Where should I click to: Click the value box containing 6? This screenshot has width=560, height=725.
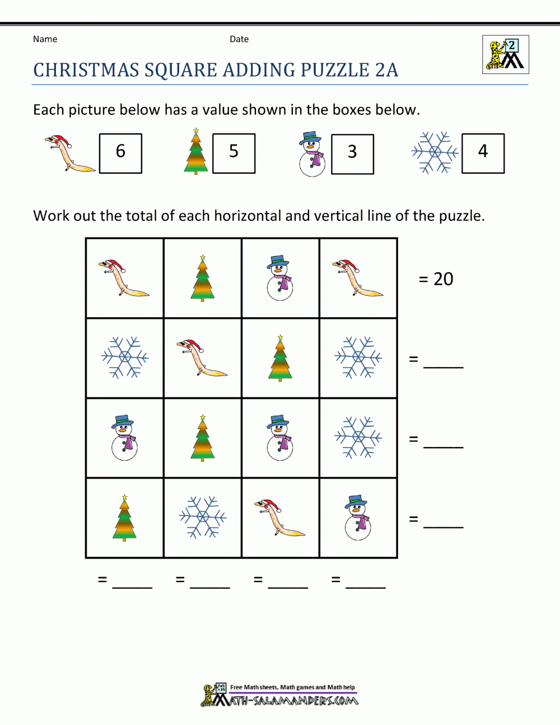pos(120,153)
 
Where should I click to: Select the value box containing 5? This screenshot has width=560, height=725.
pos(234,153)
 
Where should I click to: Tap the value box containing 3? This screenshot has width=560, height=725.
pos(352,154)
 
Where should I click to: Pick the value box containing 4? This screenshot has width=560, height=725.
pos(483,153)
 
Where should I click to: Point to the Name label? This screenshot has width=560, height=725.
pos(45,39)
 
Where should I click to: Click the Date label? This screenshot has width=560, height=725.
pos(239,39)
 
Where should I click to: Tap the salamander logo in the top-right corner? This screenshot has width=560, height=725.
pos(505,55)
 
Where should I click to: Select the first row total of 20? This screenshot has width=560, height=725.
pos(436,278)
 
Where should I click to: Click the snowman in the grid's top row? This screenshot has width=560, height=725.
pos(280,278)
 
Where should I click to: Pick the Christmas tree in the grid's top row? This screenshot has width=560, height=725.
pos(202,278)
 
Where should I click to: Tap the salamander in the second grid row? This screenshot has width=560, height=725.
pos(202,357)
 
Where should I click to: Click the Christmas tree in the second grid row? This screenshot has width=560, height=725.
pos(280,357)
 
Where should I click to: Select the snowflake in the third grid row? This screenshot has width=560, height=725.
pos(358,437)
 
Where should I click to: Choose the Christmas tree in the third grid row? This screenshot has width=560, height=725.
pos(202,437)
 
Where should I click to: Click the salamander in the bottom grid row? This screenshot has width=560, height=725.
pos(280,517)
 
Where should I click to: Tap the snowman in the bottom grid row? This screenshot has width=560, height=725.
pos(358,517)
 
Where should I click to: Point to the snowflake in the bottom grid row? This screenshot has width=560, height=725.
pos(202,517)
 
